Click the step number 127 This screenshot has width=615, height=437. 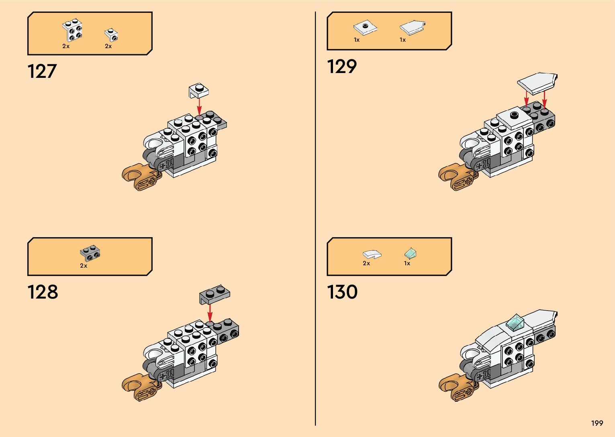(42, 71)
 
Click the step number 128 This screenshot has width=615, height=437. (43, 292)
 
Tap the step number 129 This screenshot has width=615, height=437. (341, 67)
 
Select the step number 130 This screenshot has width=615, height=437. (342, 292)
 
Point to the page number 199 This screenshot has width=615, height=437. (597, 423)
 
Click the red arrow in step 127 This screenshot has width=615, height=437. (199, 106)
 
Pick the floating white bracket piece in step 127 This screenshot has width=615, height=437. (199, 90)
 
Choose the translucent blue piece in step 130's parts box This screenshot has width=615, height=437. (410, 254)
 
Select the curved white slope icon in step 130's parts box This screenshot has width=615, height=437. (372, 254)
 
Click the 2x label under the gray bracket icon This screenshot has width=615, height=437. (84, 266)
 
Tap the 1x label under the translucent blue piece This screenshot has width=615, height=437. (407, 264)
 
